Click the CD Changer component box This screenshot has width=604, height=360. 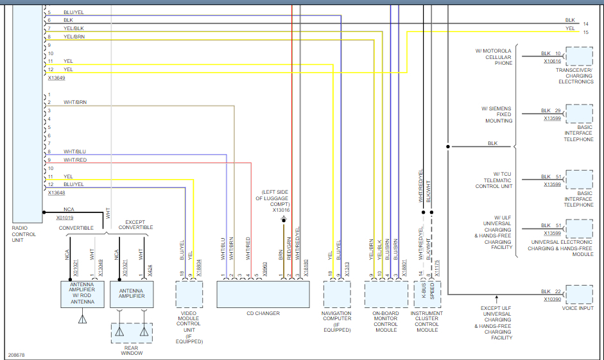coord(263,295)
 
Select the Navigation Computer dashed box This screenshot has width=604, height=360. coord(337,295)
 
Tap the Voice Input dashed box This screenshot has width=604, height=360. coord(580,295)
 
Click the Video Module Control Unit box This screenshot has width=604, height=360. coord(189,295)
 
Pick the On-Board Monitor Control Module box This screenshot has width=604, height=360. coord(386,295)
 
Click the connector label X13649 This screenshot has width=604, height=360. coord(56,78)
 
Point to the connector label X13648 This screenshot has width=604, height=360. coord(56,193)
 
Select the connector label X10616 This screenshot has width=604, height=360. coord(552,62)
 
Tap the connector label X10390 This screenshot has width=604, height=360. coord(552,299)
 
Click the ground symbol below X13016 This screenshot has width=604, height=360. coord(283,220)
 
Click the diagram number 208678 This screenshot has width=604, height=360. coord(17,354)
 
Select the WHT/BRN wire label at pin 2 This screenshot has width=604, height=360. coord(75,103)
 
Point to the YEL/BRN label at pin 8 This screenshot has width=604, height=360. coord(74,37)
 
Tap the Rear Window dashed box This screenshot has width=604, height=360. coord(132,333)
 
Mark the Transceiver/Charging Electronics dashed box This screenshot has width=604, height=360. coord(580,56)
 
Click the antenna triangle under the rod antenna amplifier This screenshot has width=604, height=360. coord(82,319)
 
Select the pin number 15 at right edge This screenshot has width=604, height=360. coord(585,32)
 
